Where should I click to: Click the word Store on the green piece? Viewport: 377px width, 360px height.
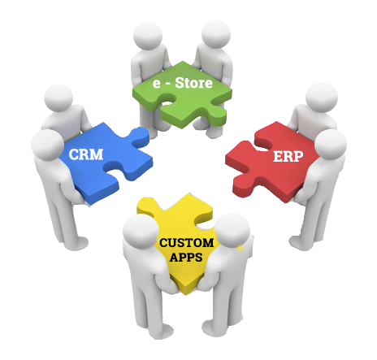point(193,83)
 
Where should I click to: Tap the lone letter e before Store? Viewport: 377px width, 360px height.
point(157,84)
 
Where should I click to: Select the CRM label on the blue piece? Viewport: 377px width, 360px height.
point(86,154)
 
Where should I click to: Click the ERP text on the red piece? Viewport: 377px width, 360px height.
point(288,156)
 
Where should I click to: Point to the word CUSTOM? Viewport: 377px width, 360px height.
point(187,243)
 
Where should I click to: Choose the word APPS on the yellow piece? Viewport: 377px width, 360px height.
point(186,257)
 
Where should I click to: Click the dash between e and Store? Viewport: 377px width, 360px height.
point(167,84)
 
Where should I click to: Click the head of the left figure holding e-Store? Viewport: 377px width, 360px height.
point(148,37)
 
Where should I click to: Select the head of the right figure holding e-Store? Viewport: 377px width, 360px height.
point(216,35)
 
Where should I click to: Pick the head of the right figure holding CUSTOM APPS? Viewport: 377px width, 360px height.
point(232,231)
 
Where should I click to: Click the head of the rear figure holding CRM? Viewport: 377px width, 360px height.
point(58,98)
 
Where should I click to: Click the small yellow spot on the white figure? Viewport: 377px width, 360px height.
point(240,248)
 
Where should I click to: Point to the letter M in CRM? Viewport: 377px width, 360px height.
point(97,154)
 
